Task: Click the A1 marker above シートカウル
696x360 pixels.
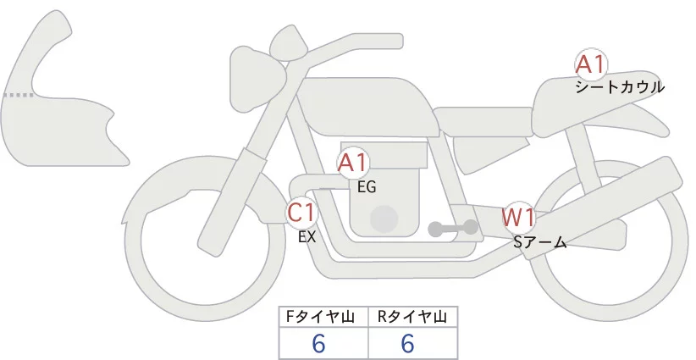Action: (589, 64)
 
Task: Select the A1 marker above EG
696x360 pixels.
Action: (352, 163)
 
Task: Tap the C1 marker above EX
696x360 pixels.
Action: (301, 212)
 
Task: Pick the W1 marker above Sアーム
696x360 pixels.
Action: (518, 218)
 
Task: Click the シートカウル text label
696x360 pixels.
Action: (620, 87)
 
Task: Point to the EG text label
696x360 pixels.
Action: (367, 186)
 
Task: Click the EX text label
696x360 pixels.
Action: (307, 237)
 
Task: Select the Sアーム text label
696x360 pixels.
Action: (539, 242)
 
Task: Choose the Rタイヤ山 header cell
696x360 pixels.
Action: (412, 317)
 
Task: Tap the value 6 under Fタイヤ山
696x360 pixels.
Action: (319, 343)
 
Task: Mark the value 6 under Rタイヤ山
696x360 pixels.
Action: (407, 343)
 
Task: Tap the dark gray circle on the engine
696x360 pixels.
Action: (385, 219)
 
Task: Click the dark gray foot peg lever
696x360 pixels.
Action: (453, 228)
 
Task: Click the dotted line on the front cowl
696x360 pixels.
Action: (19, 95)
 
